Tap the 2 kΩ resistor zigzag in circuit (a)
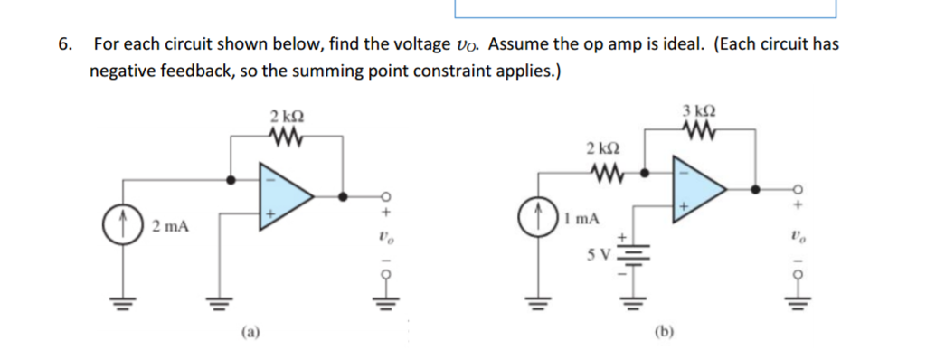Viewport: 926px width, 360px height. tap(286, 138)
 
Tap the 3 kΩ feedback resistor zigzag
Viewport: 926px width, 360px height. tap(702, 133)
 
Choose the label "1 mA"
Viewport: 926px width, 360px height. tap(579, 218)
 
